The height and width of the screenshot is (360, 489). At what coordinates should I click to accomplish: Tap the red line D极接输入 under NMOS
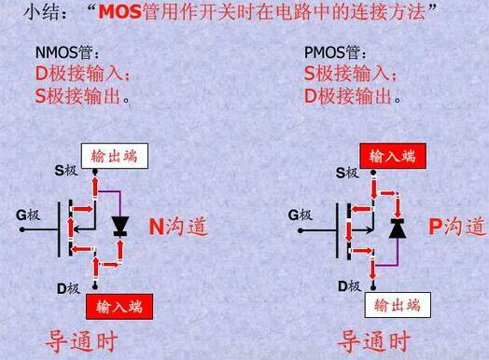tap(83, 73)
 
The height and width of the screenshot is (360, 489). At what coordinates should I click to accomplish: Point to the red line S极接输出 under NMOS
tap(82, 94)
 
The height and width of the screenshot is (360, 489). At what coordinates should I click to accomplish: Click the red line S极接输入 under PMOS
tap(351, 73)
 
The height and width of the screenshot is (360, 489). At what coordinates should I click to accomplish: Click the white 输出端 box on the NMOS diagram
tap(114, 156)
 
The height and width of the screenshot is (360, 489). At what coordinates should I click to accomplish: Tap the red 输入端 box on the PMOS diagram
tap(392, 156)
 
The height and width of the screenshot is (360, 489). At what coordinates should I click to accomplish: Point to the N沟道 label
tap(179, 227)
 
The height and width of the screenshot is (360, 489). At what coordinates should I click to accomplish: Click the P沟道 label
tap(457, 227)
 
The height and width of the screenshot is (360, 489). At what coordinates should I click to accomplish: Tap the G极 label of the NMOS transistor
tap(28, 215)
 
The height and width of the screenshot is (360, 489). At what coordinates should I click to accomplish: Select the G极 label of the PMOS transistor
tap(300, 215)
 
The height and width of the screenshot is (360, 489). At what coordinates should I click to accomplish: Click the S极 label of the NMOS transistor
tap(66, 170)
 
